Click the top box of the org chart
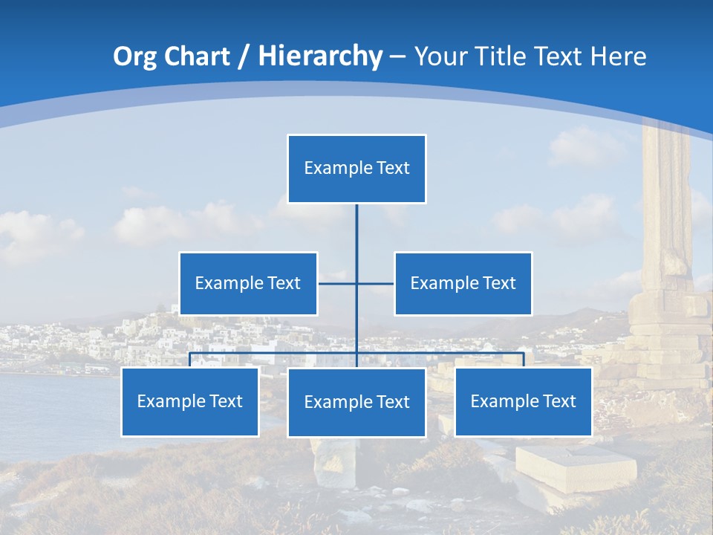356,169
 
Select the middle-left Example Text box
248,283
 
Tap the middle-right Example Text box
463,283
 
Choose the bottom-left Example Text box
189,401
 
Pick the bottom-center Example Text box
356,402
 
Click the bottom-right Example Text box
523,401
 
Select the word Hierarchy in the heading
320,56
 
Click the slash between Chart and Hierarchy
242,56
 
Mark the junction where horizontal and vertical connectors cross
356,283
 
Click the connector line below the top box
356,230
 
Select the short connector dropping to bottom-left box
189,360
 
